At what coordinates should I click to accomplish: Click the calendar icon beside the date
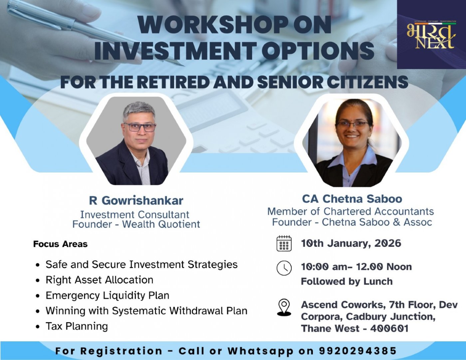click(x=284, y=243)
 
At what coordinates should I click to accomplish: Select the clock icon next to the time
click(x=284, y=268)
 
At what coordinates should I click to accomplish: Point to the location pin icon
click(x=284, y=307)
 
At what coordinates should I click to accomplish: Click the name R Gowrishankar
click(x=136, y=200)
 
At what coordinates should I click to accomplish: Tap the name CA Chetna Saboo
click(x=352, y=199)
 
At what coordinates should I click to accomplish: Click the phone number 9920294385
click(x=358, y=351)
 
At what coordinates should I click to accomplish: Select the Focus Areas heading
click(x=60, y=244)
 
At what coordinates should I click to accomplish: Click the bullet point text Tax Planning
click(x=77, y=326)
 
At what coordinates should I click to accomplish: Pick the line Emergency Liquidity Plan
click(x=107, y=295)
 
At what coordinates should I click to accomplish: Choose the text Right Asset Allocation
click(x=99, y=280)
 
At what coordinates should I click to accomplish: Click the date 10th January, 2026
click(x=351, y=243)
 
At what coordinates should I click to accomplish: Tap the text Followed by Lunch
click(x=347, y=281)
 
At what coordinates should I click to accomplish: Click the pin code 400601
click(x=389, y=328)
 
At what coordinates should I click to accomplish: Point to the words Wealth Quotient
click(x=161, y=224)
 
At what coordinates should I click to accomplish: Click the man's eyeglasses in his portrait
click(x=140, y=127)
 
